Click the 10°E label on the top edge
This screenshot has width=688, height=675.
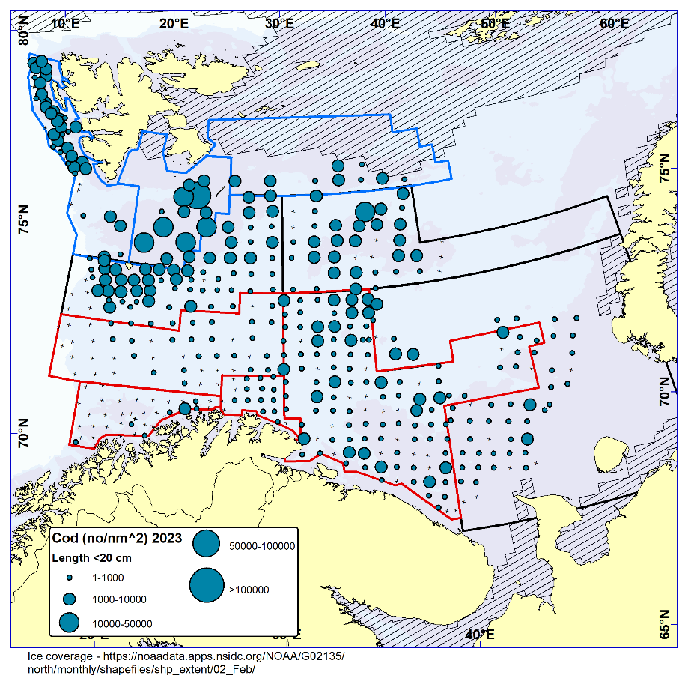(67, 22)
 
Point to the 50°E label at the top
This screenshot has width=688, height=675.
(494, 22)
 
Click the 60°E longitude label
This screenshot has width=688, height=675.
(613, 22)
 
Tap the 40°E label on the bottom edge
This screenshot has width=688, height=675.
(480, 635)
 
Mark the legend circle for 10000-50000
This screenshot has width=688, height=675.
(70, 623)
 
